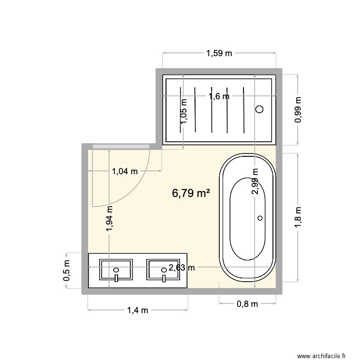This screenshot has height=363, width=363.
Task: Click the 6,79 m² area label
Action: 191,193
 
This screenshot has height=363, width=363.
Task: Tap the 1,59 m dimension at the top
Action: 219,53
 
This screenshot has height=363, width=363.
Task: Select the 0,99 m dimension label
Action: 298,109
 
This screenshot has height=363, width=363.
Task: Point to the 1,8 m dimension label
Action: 298,217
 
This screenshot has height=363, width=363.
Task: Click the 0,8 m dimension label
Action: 247,304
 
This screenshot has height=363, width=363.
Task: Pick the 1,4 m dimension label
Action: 137,310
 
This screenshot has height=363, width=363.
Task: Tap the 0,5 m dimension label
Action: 66,271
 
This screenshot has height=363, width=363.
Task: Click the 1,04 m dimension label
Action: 125,171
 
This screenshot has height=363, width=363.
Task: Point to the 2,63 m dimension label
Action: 181,268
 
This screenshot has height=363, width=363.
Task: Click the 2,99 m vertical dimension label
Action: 255,181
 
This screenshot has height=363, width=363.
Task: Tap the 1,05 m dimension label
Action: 184,111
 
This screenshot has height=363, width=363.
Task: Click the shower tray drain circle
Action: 259,109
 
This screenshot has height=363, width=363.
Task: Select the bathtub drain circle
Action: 260,218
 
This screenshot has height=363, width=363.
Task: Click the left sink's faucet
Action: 116,278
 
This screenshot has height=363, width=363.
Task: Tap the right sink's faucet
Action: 164,278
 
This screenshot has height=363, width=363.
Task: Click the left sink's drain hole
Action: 116,270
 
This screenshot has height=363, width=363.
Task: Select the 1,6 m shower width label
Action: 219,96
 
